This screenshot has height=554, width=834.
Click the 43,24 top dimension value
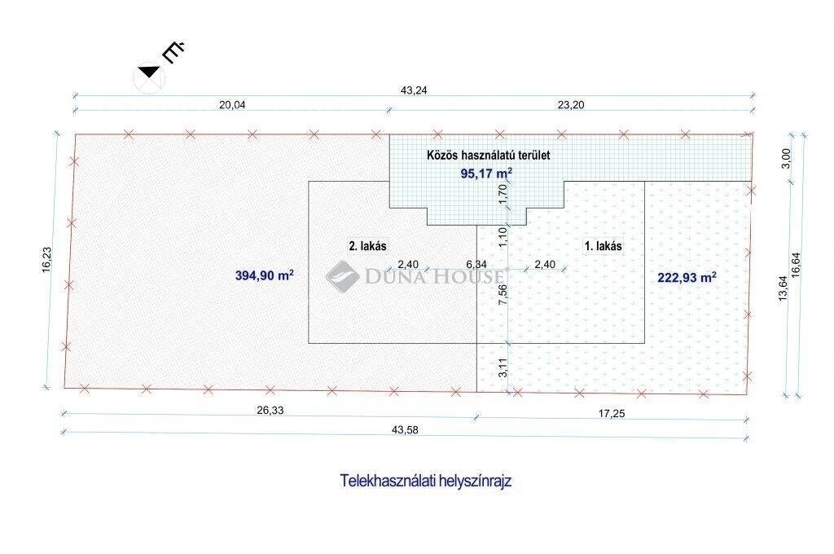(x=413, y=90)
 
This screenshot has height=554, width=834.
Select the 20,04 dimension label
(x=232, y=105)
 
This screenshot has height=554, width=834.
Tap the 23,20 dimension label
(x=571, y=105)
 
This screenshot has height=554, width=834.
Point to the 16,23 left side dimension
(x=46, y=260)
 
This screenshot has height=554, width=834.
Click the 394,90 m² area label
(x=265, y=275)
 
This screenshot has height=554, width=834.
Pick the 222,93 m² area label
(x=687, y=277)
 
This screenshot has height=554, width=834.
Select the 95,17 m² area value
(x=486, y=174)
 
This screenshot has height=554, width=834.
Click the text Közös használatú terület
(x=489, y=156)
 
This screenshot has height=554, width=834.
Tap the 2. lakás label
(x=367, y=246)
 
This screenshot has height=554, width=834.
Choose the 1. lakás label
(x=604, y=246)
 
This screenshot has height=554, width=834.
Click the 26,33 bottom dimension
(x=270, y=411)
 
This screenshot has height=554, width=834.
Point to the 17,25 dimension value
(x=612, y=413)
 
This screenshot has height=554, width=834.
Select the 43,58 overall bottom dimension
(x=405, y=430)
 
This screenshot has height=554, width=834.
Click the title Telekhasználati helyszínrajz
(x=425, y=481)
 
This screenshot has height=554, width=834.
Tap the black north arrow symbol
(x=149, y=72)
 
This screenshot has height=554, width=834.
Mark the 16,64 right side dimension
(x=796, y=264)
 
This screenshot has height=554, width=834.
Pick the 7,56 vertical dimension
(x=503, y=295)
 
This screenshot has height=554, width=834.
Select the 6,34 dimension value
(x=476, y=265)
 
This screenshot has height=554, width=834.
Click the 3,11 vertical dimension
(x=503, y=367)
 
